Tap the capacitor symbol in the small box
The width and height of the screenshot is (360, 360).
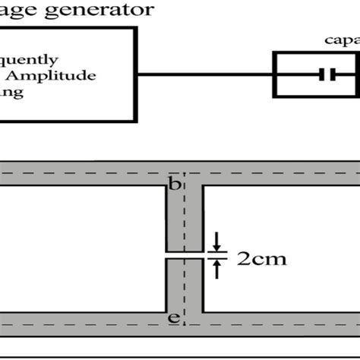point(327,74)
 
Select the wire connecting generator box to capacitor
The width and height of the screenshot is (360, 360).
point(205,74)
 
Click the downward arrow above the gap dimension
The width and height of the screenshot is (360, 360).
point(216,242)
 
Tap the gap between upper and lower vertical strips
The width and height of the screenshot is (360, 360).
point(185,255)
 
